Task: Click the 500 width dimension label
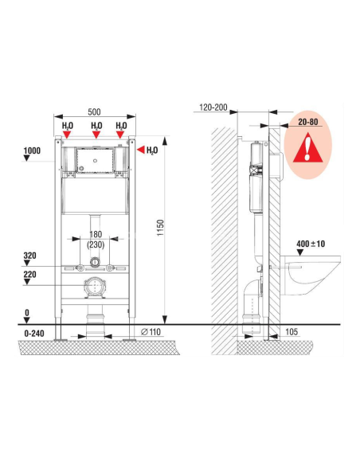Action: coord(94,111)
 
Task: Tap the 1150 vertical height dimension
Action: coord(160,228)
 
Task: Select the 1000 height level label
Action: coord(32,150)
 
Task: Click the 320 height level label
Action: coord(29,256)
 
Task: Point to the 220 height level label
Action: coord(29,275)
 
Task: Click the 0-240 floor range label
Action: coord(34,334)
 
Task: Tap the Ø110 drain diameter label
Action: coord(151,331)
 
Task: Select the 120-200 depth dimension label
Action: coord(213,107)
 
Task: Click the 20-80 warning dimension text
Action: coord(307,122)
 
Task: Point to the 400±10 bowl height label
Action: coord(311,244)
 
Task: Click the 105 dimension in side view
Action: coord(292,331)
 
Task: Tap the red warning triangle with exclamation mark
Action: coord(307,148)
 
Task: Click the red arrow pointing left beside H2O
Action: coord(140,150)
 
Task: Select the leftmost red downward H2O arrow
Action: coord(68,135)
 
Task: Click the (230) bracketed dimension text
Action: coord(96,244)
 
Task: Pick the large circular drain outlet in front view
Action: coord(95,286)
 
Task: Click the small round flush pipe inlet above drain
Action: coord(95,261)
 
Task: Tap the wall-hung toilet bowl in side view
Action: coord(311,275)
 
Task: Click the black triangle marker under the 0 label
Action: coord(27,320)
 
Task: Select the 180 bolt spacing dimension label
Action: coord(96,234)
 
